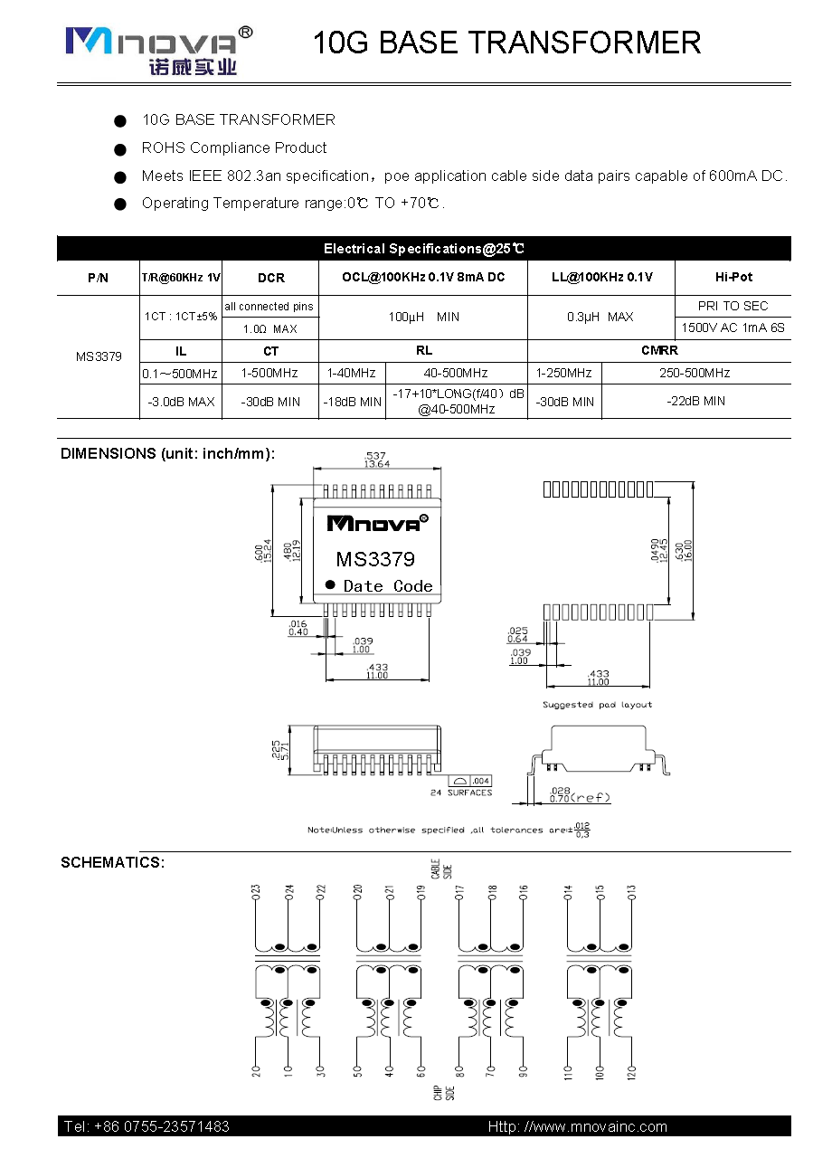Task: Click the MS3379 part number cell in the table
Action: point(99,356)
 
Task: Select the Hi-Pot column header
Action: point(733,277)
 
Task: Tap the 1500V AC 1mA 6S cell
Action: point(733,327)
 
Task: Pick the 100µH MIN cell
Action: point(423,317)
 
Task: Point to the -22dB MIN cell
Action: point(695,401)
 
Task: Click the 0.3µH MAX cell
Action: point(600,317)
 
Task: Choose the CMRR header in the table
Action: point(659,350)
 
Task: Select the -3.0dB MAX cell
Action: point(181,401)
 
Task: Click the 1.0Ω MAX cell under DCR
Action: point(270,328)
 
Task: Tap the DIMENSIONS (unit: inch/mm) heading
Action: point(167,453)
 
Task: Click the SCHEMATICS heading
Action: point(113,862)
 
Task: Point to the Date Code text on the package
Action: point(388,586)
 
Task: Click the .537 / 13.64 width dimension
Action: point(377,459)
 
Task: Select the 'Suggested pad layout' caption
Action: point(597,704)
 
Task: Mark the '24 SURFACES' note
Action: point(461,793)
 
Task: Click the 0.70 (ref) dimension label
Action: point(580,797)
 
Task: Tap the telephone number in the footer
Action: point(147,1126)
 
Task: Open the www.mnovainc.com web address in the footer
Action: point(578,1126)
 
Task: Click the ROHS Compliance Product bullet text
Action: point(234,147)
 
